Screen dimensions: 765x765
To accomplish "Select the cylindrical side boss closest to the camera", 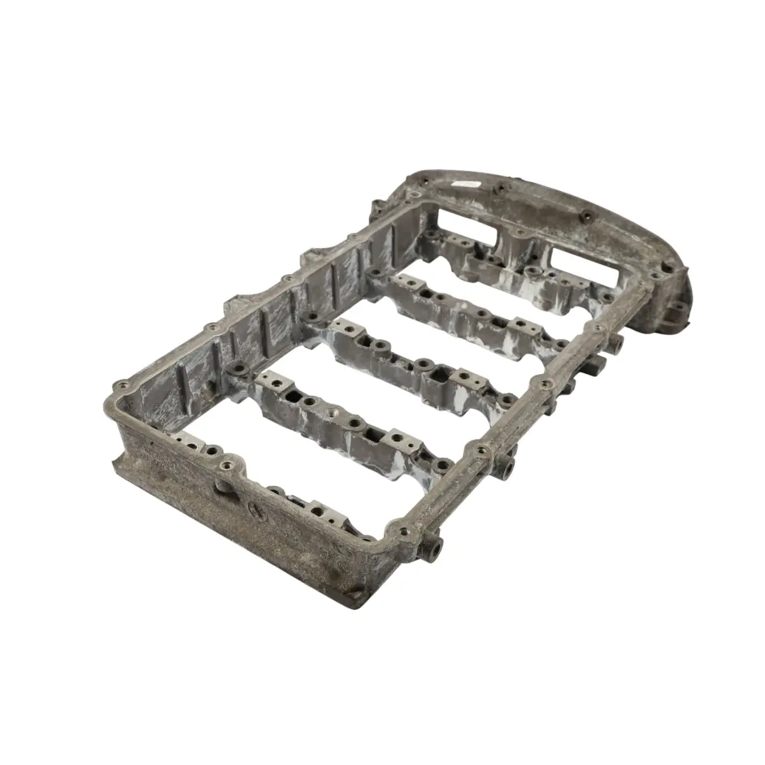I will [433, 547].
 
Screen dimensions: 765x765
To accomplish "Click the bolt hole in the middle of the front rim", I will [228, 466].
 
